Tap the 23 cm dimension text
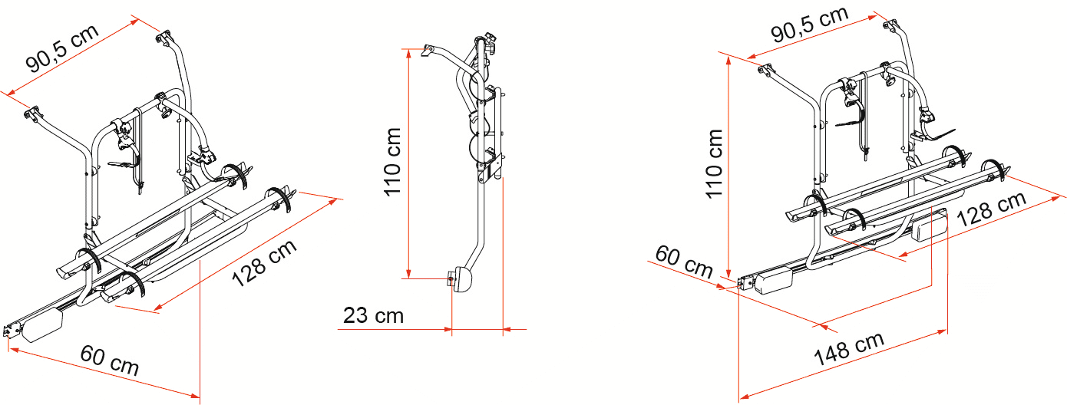pyautogui.click(x=373, y=315)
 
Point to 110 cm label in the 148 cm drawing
pyautogui.click(x=715, y=163)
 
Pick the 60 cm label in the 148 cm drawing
pyautogui.click(x=684, y=262)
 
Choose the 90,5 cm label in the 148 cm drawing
pyautogui.click(x=810, y=24)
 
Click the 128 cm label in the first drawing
pyautogui.click(x=265, y=263)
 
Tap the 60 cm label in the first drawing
pyautogui.click(x=110, y=361)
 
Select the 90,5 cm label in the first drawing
pyautogui.click(x=62, y=48)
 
